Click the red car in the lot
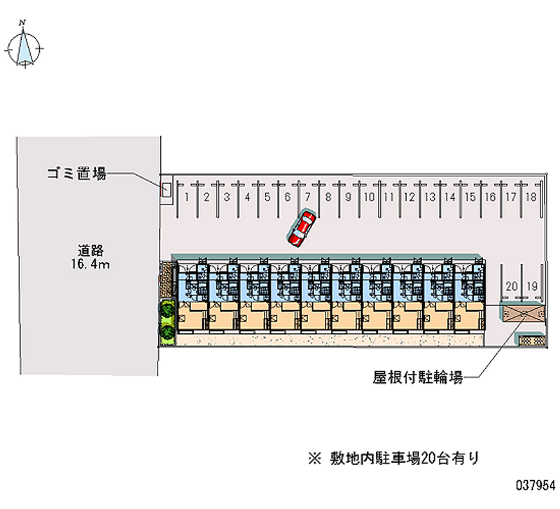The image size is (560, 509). point(302,229)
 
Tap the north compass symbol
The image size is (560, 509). point(24,48)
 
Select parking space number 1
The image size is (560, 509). point(187,197)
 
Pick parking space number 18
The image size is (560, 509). point(531,197)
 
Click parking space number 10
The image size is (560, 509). point(368,197)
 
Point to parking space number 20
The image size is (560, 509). point(512,286)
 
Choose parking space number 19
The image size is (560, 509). point(532,286)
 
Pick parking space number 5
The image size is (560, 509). point(267,197)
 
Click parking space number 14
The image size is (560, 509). point(450,197)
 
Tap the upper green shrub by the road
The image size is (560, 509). point(167,310)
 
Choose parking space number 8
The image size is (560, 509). point(328,197)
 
